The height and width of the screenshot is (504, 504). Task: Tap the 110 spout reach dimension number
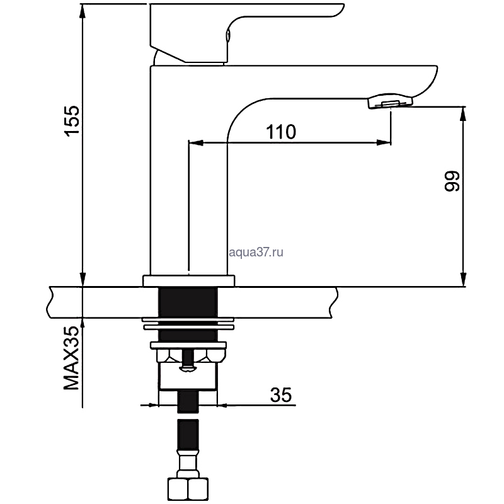(280, 132)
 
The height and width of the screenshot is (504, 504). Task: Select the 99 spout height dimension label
(452, 181)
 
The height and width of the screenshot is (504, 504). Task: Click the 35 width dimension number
(280, 395)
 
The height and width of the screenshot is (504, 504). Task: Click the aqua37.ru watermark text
(256, 253)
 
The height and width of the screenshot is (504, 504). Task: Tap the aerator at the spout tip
(389, 101)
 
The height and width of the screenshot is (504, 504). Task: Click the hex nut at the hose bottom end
(188, 489)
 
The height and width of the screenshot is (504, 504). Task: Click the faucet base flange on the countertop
(188, 280)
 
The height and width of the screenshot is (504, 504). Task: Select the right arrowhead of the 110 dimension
(384, 142)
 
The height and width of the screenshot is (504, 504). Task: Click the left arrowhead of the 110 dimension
(196, 142)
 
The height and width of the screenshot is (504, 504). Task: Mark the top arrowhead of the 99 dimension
(463, 114)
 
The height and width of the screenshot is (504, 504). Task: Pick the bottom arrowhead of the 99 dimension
(463, 279)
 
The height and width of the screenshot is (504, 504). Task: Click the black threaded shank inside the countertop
(188, 302)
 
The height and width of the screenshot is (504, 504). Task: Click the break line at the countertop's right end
(334, 302)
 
